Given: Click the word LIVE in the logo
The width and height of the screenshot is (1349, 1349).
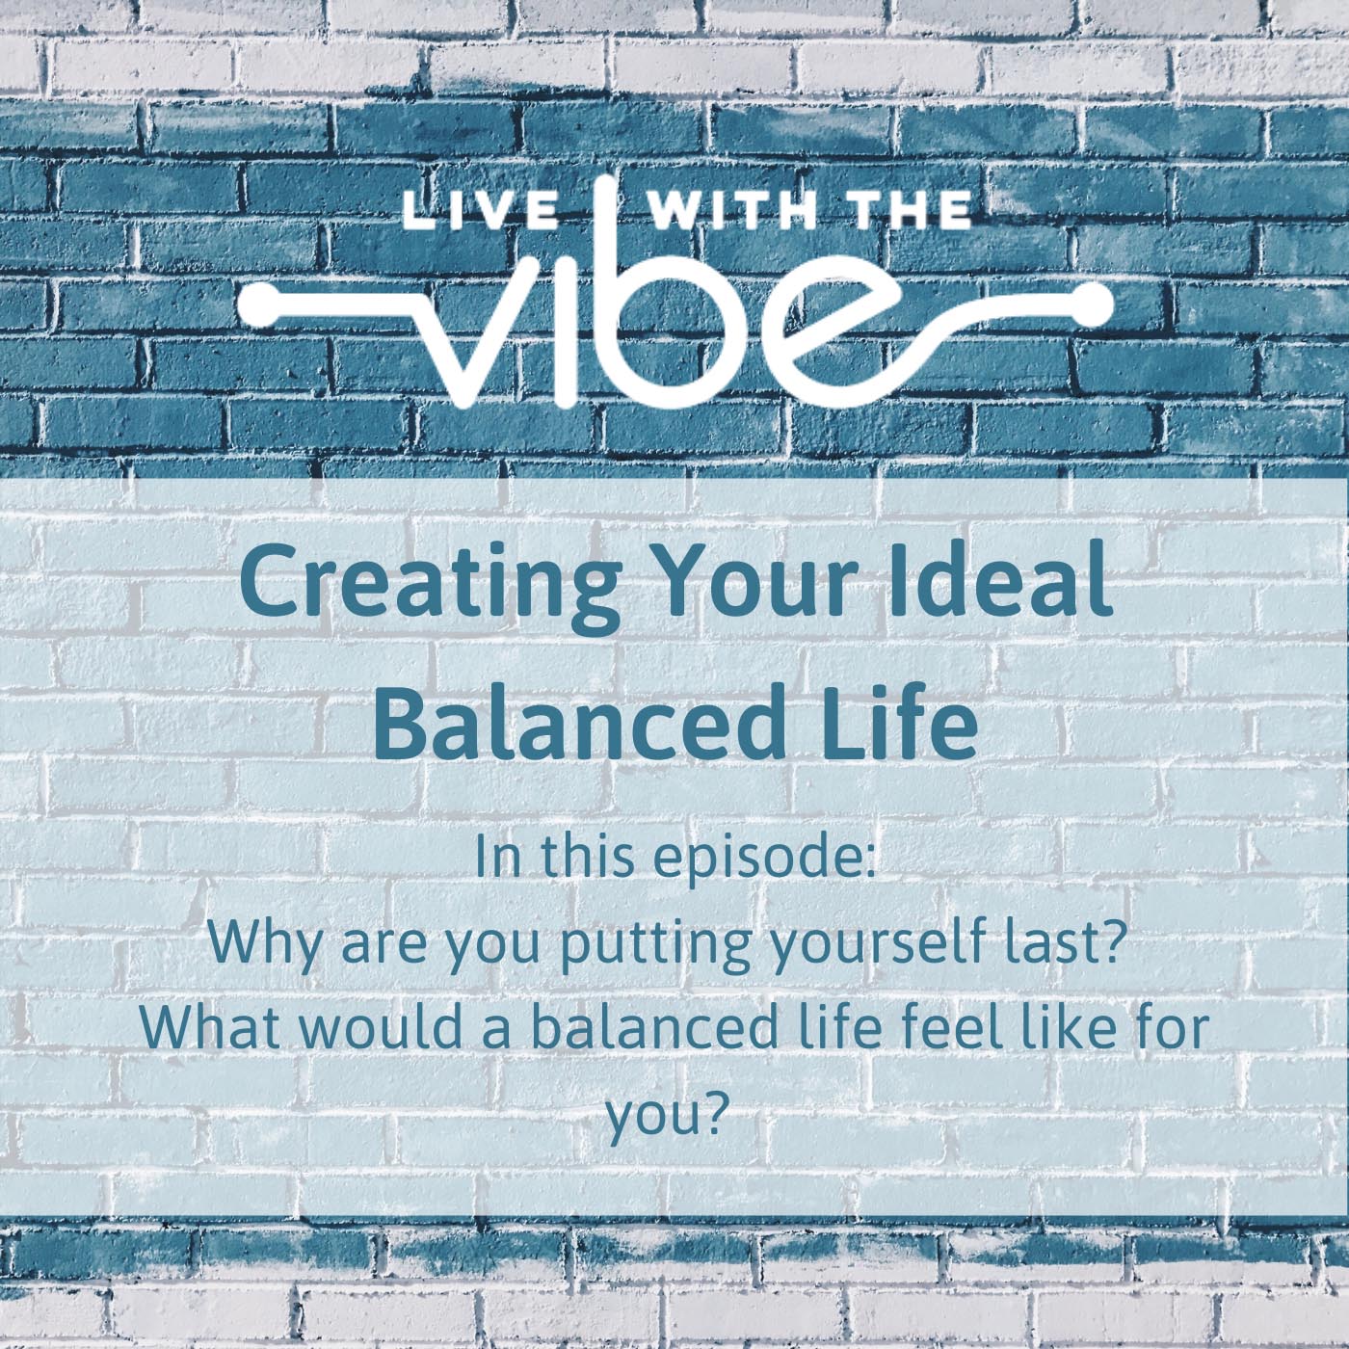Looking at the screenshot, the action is (481, 213).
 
